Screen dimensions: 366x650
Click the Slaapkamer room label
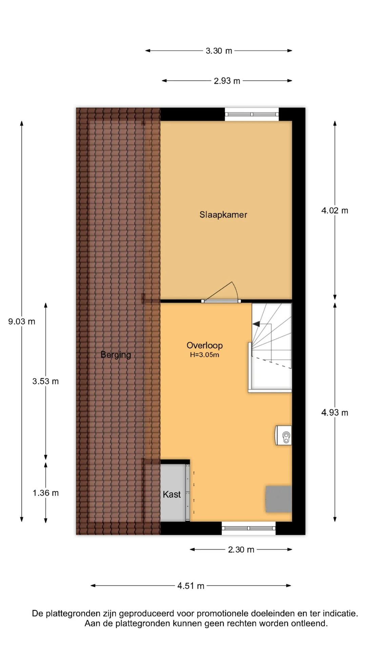[223, 215]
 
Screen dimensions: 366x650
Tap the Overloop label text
[205, 346]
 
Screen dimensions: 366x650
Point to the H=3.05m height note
[204, 355]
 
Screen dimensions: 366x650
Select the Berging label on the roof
[116, 355]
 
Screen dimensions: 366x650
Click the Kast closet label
[171, 494]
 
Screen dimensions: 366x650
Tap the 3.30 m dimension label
[219, 51]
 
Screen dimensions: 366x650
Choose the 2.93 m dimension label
[227, 81]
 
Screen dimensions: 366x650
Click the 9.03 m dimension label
[22, 322]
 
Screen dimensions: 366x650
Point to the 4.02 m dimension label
[335, 211]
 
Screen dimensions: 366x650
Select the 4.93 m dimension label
[335, 413]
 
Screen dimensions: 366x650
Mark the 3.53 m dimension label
[46, 382]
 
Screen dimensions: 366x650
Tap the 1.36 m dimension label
[46, 493]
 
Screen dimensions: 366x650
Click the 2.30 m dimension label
[241, 549]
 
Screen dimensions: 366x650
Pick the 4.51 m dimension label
[191, 586]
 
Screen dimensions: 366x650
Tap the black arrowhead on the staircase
[256, 324]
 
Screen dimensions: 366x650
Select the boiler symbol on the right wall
[283, 435]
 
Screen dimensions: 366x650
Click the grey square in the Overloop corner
[279, 499]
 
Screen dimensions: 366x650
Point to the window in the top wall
[251, 114]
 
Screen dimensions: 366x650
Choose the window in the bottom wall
[248, 528]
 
